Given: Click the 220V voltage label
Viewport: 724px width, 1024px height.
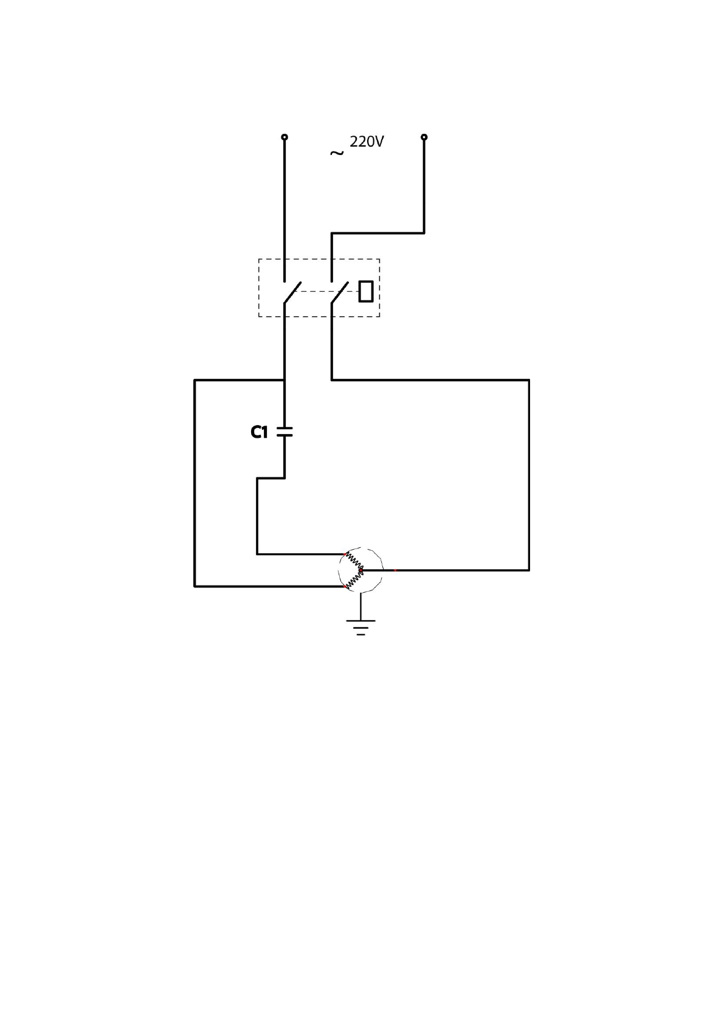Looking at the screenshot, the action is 367,142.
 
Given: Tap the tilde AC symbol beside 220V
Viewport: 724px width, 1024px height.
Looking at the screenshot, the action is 336,153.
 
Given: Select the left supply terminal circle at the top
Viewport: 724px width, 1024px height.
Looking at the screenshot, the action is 284,137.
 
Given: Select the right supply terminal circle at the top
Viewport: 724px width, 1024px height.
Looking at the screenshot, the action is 424,137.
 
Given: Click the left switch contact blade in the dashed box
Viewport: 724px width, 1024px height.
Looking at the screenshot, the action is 292,292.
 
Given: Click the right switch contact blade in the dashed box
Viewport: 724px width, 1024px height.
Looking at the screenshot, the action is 340,292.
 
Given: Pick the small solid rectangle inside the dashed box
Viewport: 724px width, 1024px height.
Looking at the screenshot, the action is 365,291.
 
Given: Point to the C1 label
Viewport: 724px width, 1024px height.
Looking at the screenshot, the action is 259,432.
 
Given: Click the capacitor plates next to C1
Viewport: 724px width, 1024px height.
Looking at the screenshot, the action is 284,432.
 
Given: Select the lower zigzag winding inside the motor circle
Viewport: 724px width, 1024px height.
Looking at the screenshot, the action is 354,579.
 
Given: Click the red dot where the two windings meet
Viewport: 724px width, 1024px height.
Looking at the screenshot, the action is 361,570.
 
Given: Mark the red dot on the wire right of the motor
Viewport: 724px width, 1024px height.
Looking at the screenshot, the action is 395,570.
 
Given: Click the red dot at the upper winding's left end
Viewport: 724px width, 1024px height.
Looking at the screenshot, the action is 346,554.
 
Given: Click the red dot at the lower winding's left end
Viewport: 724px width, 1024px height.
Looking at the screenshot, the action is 346,587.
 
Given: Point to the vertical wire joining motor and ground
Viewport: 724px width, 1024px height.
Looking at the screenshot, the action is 360,606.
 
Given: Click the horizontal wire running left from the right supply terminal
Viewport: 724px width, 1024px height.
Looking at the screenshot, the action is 377,233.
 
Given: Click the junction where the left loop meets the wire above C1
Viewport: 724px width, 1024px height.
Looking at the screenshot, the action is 284,380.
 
